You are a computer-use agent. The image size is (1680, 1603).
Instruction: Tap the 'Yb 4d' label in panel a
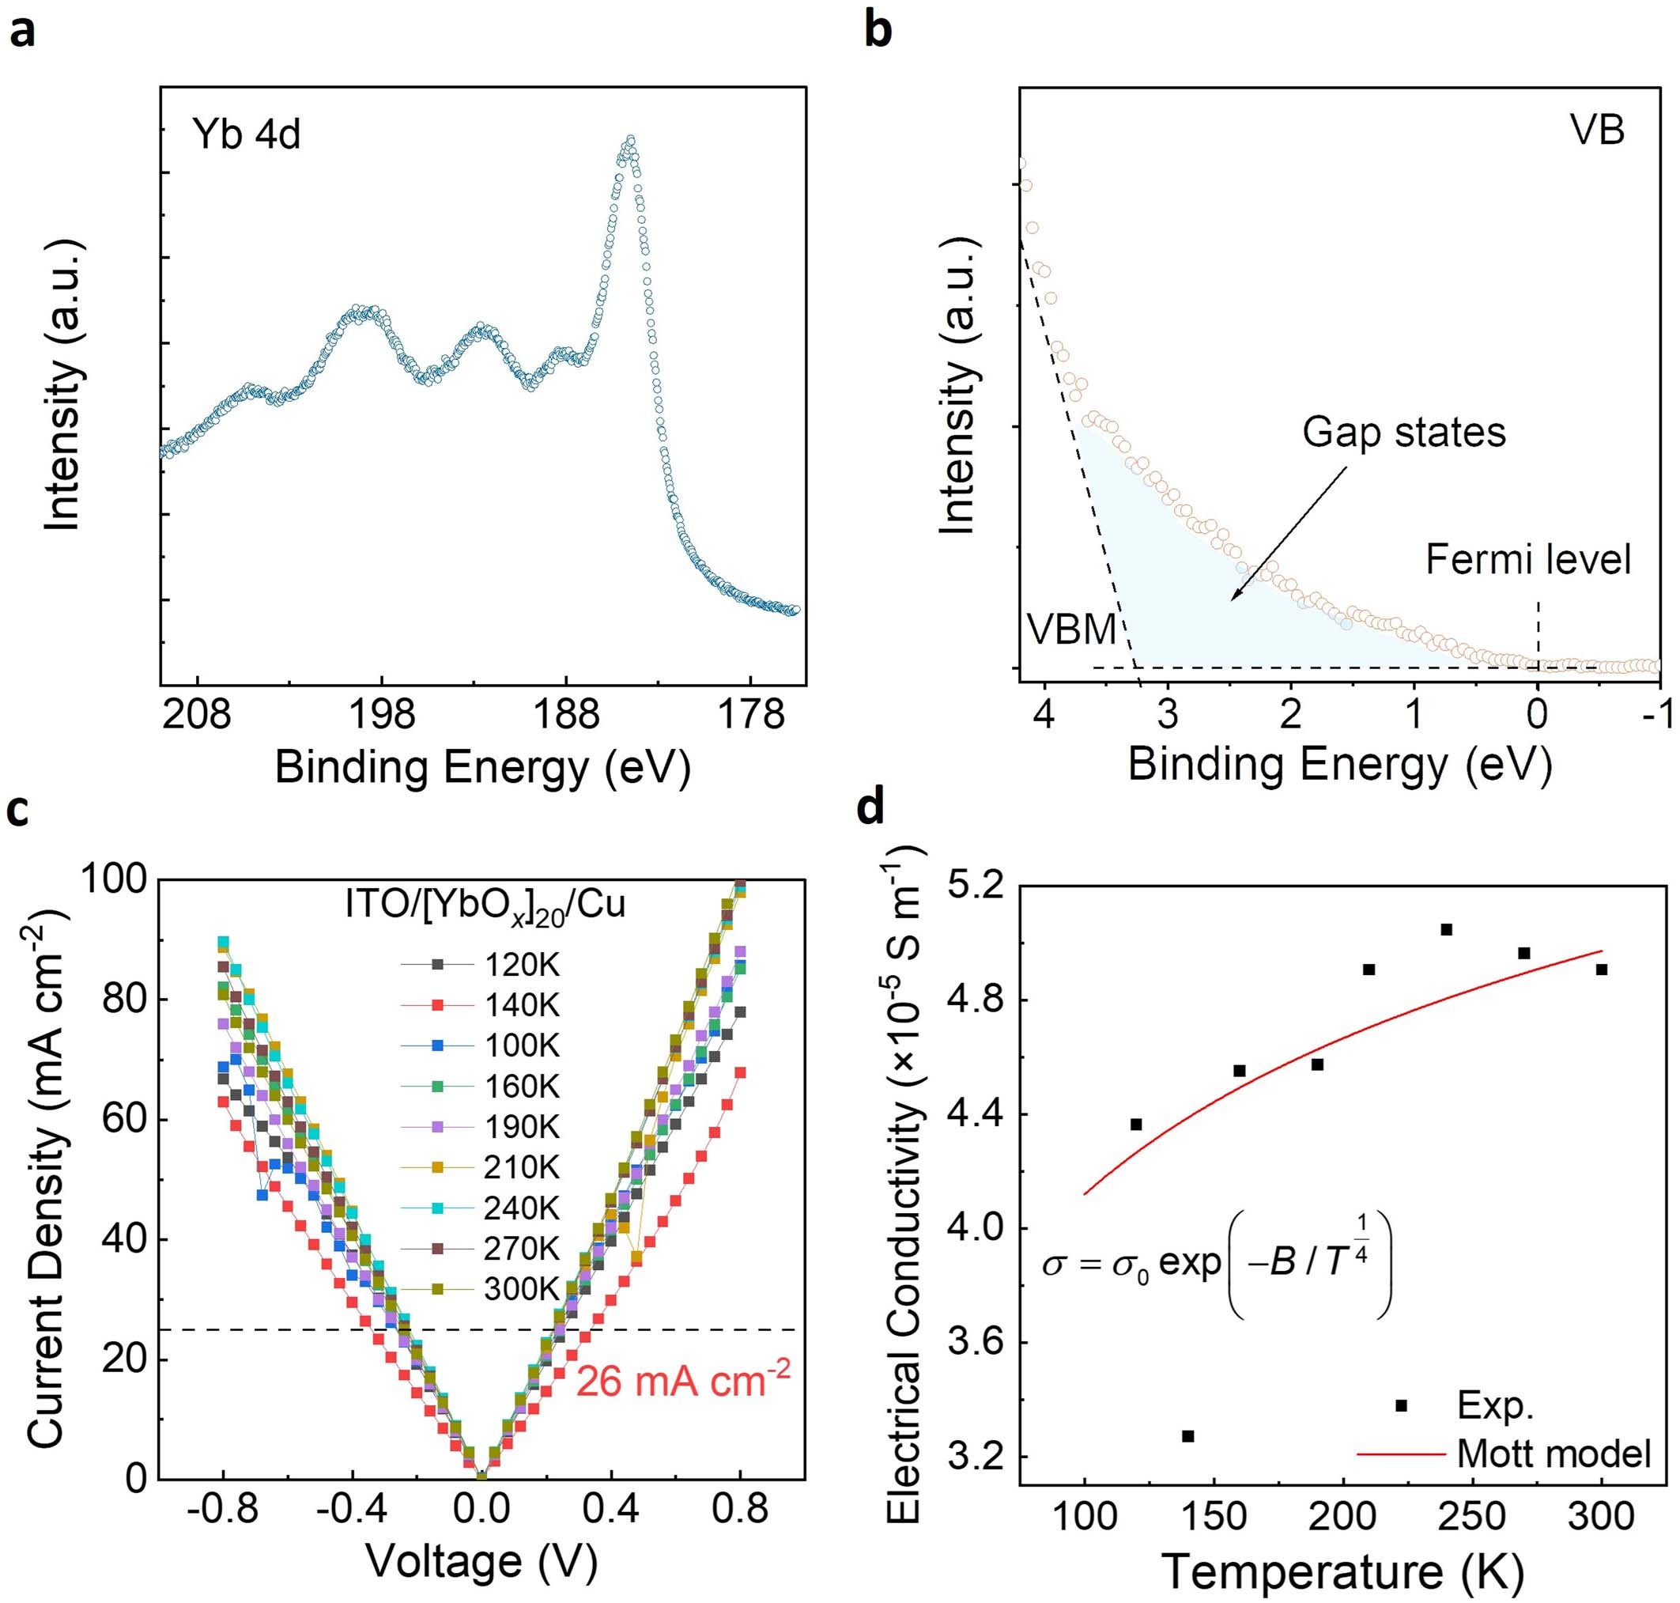(x=246, y=135)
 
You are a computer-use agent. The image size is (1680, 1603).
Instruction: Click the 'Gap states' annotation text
(x=1403, y=433)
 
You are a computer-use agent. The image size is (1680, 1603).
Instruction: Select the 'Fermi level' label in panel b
(x=1528, y=560)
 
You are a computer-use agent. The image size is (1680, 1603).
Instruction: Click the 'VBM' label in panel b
(x=1071, y=629)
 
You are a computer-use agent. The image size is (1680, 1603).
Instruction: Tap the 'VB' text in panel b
(x=1596, y=131)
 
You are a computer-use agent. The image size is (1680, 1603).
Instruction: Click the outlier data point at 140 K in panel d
(x=1187, y=1436)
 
